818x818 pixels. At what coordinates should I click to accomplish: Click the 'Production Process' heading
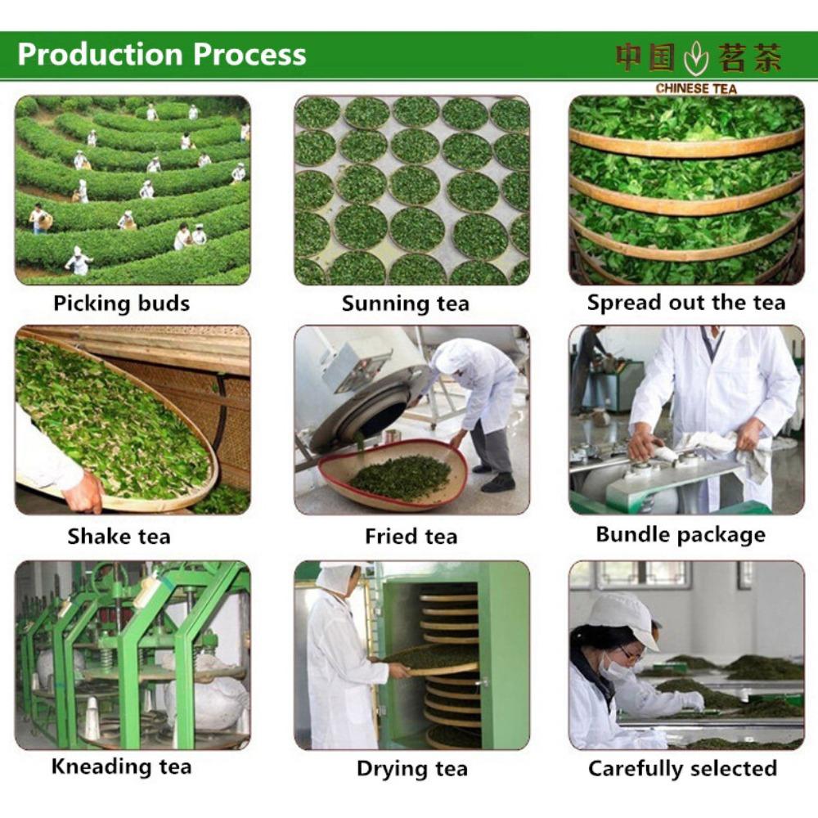(162, 54)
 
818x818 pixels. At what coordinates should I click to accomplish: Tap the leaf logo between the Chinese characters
(696, 58)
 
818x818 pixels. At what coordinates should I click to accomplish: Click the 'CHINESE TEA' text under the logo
(696, 88)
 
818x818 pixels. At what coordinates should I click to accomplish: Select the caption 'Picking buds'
(122, 303)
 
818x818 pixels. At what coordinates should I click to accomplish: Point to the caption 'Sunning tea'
(406, 303)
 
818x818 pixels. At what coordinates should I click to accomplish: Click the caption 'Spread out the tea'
(686, 303)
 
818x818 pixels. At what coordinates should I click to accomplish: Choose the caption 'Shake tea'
(119, 537)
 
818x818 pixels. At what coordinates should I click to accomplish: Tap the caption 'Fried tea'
(411, 537)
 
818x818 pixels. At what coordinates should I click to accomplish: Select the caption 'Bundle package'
(681, 535)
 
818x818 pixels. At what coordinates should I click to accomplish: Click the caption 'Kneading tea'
(122, 767)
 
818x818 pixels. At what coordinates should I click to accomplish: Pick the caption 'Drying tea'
(412, 769)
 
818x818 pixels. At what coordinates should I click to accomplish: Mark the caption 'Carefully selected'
(682, 768)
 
